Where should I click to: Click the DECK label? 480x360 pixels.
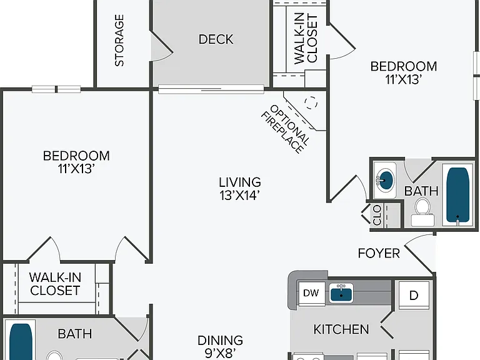pyautogui.click(x=216, y=39)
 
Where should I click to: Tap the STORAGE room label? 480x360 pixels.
pyautogui.click(x=119, y=41)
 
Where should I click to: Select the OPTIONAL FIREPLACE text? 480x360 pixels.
pyautogui.click(x=286, y=129)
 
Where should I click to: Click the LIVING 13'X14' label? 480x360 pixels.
pyautogui.click(x=240, y=189)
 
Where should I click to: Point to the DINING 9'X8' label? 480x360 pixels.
pyautogui.click(x=220, y=346)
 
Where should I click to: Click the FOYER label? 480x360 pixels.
pyautogui.click(x=379, y=254)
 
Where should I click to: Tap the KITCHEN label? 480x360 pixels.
pyautogui.click(x=341, y=329)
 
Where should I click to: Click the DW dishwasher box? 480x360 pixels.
pyautogui.click(x=311, y=293)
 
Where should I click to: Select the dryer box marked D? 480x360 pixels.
pyautogui.click(x=414, y=295)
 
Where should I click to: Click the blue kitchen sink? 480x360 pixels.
pyautogui.click(x=341, y=293)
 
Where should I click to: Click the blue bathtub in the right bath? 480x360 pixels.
pyautogui.click(x=457, y=195)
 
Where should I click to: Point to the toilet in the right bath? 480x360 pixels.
pyautogui.click(x=422, y=212)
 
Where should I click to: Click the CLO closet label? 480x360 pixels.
pyautogui.click(x=377, y=215)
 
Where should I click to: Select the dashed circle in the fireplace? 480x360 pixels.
pyautogui.click(x=311, y=102)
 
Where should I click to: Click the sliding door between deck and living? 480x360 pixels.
pyautogui.click(x=211, y=89)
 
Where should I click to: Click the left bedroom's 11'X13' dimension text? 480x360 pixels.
pyautogui.click(x=76, y=169)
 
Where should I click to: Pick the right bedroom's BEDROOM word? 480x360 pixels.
pyautogui.click(x=404, y=66)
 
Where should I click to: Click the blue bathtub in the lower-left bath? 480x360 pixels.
pyautogui.click(x=21, y=342)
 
